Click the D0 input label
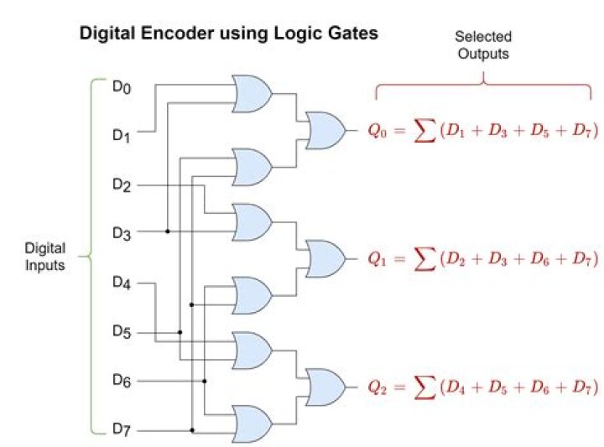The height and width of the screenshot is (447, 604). [122, 86]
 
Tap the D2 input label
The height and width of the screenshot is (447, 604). [122, 184]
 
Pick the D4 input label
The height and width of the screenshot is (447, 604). [122, 283]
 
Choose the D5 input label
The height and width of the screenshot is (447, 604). [122, 332]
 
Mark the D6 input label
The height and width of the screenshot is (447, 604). [122, 381]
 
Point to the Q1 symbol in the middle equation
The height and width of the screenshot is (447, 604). [377, 260]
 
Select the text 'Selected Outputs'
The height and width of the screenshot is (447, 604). [482, 45]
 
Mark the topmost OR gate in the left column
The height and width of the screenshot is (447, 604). [253, 93]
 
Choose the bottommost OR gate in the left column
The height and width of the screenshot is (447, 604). [253, 424]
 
